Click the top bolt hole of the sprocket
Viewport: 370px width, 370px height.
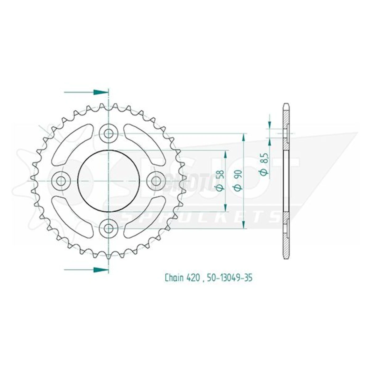tap(108, 134)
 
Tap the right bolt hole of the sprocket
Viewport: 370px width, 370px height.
tap(155, 181)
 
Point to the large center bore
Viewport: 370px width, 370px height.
tap(108, 181)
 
